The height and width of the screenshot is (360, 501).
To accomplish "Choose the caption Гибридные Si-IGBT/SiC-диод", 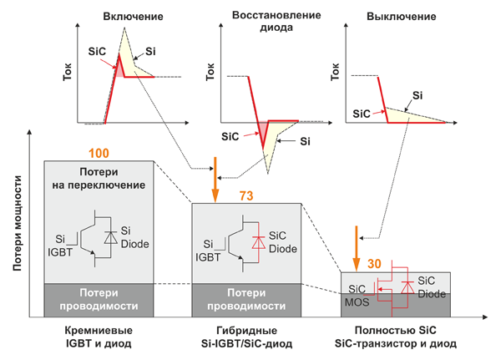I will (x=241, y=337).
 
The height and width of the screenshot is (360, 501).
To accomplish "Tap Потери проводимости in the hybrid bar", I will (x=241, y=299).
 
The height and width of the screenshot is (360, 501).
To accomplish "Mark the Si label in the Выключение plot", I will (x=415, y=95).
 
